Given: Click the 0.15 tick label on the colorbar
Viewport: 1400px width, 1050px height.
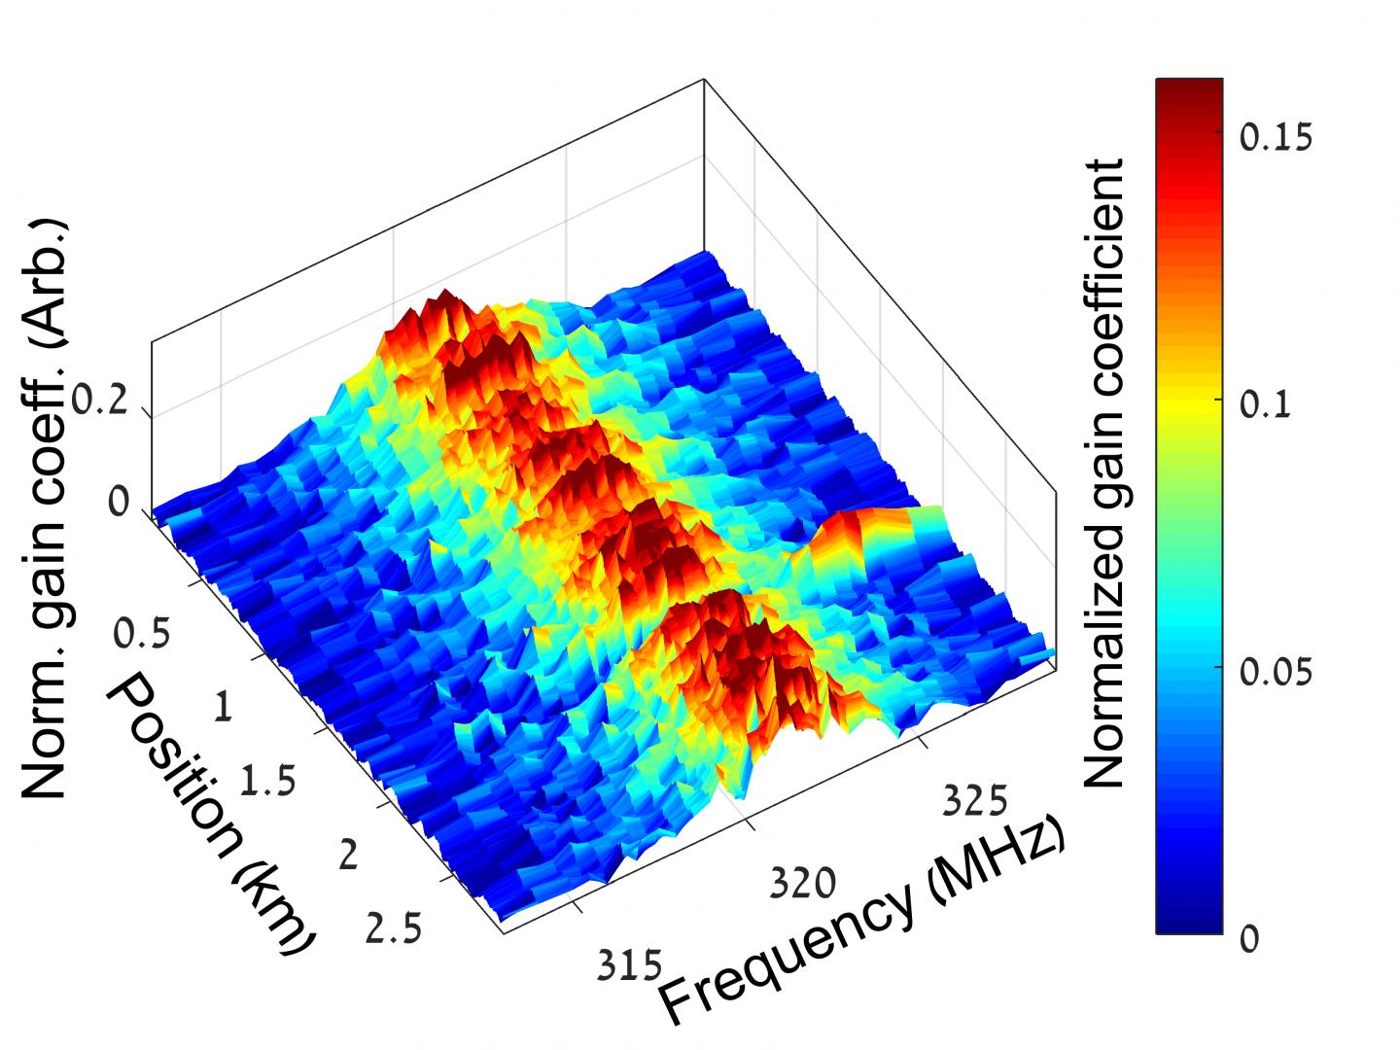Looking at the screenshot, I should (1276, 137).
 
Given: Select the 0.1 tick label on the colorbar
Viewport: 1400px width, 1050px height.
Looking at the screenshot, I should (1265, 403).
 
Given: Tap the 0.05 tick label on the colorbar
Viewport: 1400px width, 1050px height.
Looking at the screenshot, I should (1276, 671).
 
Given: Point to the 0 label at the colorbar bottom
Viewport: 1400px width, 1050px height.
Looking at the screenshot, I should (1249, 938).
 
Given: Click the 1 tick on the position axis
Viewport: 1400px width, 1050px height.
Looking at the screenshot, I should (223, 708).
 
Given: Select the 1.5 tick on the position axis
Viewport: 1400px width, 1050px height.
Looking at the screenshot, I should (268, 782).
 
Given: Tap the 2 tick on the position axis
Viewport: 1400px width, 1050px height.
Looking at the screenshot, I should (347, 855).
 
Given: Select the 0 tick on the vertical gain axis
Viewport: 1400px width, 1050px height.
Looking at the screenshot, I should (119, 503).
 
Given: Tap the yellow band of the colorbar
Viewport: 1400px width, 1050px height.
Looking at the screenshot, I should (1188, 401).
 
